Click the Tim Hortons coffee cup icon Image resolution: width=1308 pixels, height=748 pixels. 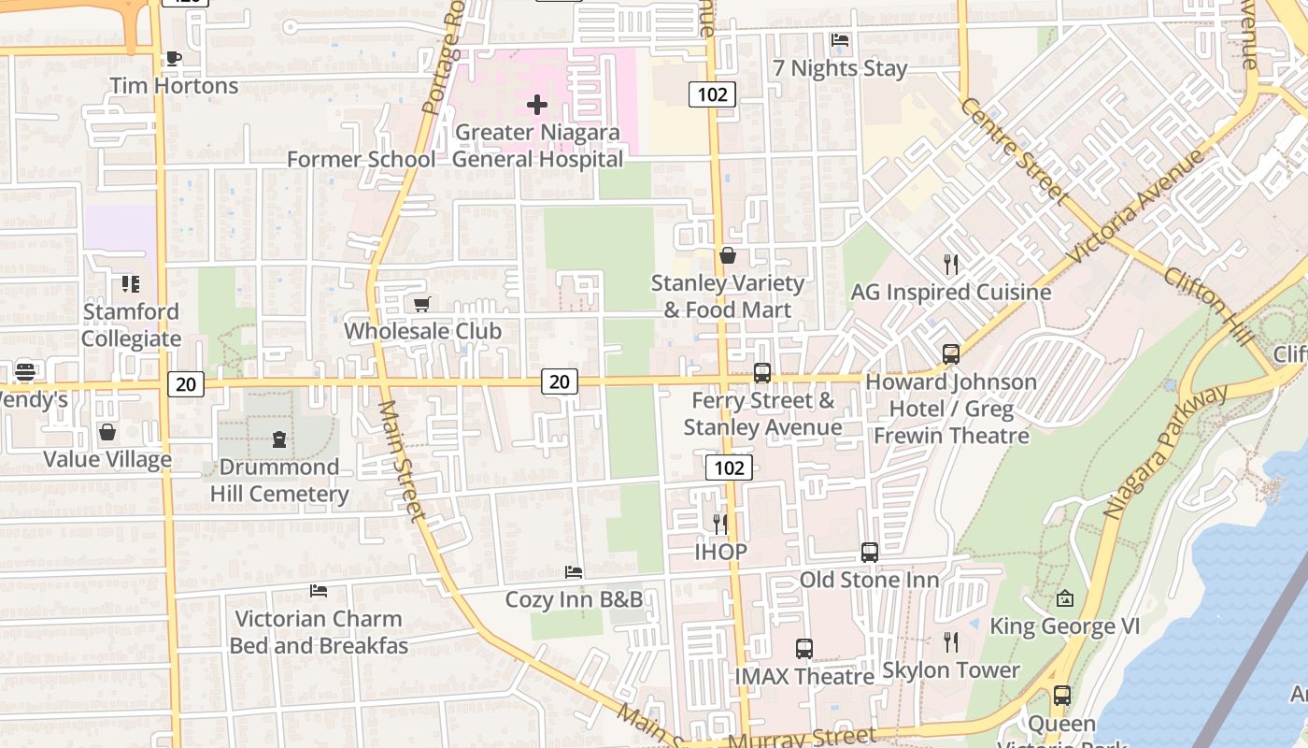(173, 58)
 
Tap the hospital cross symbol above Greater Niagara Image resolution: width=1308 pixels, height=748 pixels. (537, 105)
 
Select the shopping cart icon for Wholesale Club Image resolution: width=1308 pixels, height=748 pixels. (422, 304)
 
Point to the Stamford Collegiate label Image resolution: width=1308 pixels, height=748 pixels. (131, 324)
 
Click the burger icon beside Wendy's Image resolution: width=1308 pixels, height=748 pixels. (25, 371)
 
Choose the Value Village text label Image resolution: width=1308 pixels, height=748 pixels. (107, 459)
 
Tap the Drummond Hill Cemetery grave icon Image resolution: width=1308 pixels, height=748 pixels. (278, 439)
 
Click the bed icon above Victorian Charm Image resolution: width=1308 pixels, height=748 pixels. (319, 591)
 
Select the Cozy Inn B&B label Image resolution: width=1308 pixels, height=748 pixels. (574, 599)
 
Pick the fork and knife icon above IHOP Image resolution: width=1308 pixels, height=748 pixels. (720, 524)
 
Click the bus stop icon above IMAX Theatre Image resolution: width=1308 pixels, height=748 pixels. (803, 648)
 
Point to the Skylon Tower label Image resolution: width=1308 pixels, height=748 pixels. (951, 670)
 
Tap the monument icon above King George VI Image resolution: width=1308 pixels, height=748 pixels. (1064, 598)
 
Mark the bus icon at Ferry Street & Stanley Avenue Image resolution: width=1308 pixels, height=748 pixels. (762, 373)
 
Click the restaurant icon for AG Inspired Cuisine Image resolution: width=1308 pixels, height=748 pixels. (951, 265)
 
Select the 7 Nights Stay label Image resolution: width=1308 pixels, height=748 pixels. (840, 68)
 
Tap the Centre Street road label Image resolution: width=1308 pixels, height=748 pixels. (1014, 151)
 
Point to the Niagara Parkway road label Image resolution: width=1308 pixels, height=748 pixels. (1165, 451)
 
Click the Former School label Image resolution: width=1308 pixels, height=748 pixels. (361, 159)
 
